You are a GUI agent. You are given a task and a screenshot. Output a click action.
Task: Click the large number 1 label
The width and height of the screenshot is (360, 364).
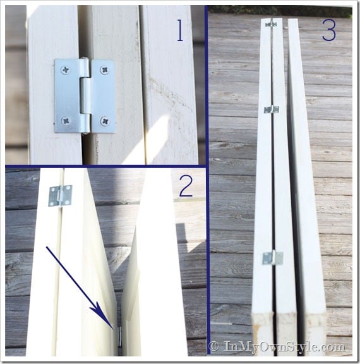click(180, 30)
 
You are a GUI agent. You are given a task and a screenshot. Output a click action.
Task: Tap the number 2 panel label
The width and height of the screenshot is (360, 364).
click(186, 186)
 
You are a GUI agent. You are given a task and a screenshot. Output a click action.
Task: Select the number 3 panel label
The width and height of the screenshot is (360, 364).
click(329, 31)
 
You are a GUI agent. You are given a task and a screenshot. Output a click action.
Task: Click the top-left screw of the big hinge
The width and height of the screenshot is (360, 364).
click(66, 70)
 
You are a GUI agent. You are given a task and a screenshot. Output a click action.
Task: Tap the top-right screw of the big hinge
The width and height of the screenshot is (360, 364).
click(105, 70)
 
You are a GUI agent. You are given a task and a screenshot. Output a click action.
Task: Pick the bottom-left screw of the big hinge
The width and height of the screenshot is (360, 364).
click(66, 121)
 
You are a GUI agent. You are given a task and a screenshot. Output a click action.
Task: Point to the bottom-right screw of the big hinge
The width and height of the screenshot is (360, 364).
click(105, 121)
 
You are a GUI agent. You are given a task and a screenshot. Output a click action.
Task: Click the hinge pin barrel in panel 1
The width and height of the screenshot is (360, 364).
click(86, 95)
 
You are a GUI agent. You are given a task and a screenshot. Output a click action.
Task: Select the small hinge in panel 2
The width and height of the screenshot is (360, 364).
click(60, 195)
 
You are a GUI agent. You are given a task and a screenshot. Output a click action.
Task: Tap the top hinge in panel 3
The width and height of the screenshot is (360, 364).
click(271, 24)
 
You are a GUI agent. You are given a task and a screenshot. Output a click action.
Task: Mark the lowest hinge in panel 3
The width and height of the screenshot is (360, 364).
click(273, 258)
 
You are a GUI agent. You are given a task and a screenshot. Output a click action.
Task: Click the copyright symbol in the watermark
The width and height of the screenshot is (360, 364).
click(213, 346)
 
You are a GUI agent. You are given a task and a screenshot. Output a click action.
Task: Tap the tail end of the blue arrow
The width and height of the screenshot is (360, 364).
click(47, 247)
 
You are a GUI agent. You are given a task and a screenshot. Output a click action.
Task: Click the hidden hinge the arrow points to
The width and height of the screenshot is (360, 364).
click(120, 336)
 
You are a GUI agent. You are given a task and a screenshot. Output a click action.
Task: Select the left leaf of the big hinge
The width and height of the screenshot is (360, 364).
click(68, 95)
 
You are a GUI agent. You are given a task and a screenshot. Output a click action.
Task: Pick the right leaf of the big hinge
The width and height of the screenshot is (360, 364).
click(104, 96)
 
